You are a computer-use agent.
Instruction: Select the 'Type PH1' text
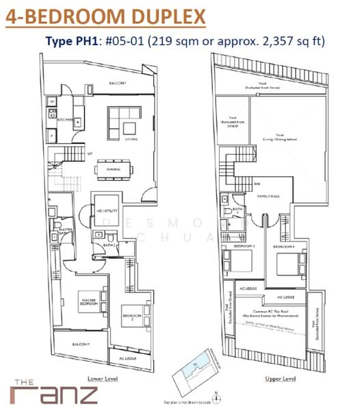pyautogui.click(x=72, y=41)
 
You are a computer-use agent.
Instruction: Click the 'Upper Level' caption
pyautogui.click(x=280, y=378)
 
